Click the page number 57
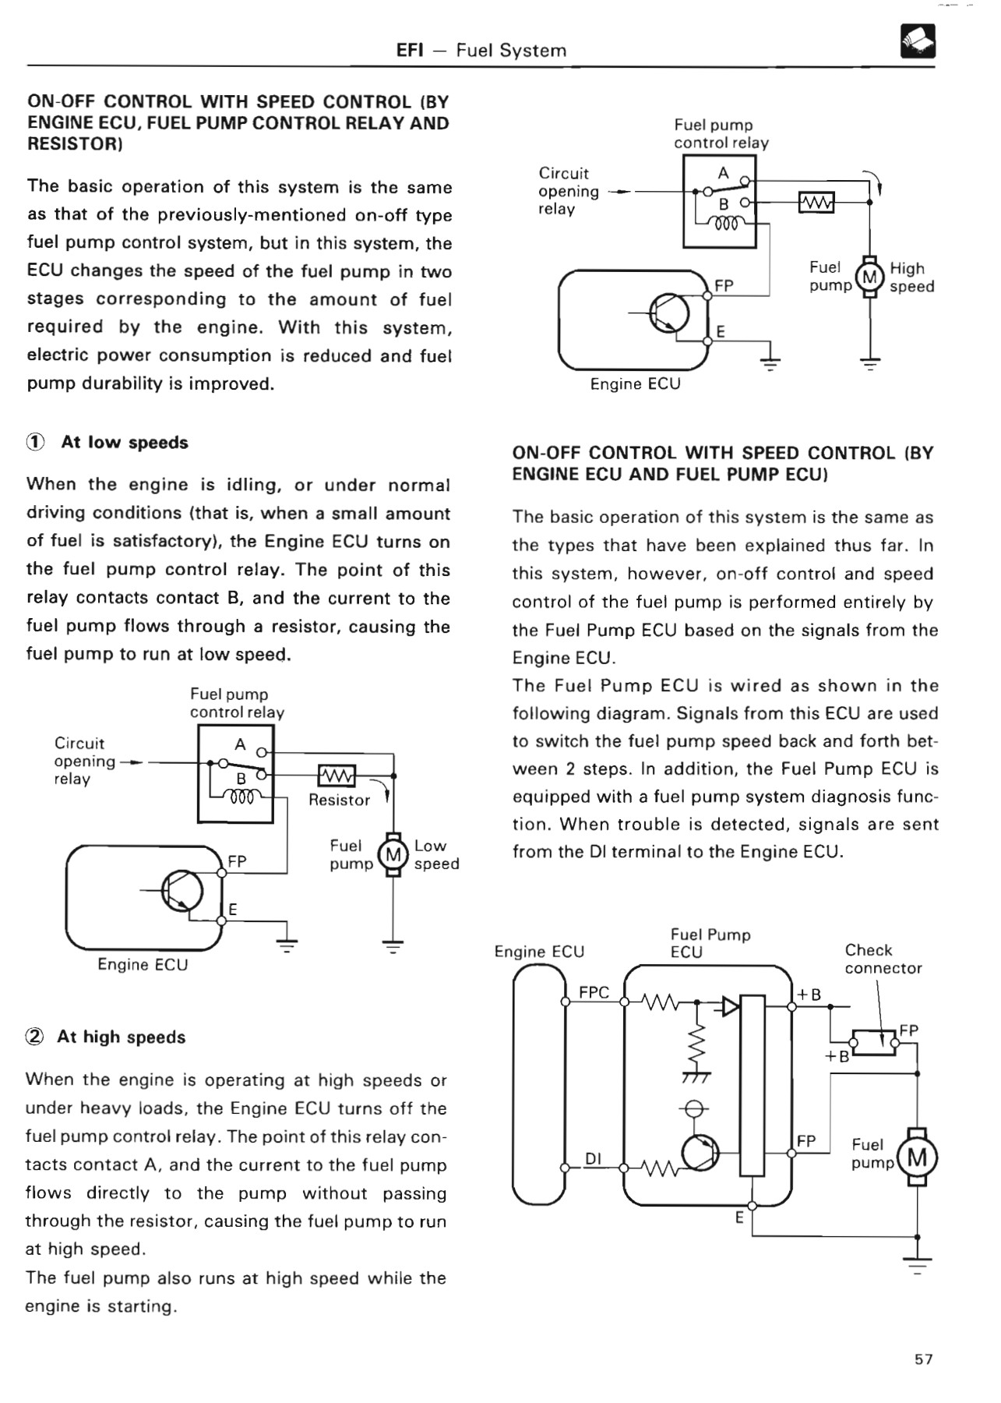click(923, 1359)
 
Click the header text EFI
click(409, 51)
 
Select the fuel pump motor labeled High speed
click(870, 277)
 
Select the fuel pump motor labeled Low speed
click(393, 855)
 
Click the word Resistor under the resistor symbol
click(339, 800)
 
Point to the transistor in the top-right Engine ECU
click(669, 313)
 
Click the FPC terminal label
click(594, 992)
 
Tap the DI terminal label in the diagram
click(593, 1158)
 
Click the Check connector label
click(883, 959)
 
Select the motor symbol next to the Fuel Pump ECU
click(918, 1157)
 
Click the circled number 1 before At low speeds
click(36, 443)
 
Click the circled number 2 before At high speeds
click(35, 1037)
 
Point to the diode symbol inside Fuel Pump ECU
click(729, 1006)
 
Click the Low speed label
click(435, 855)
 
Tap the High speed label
click(911, 277)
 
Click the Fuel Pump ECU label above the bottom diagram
click(709, 943)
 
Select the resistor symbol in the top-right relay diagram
click(816, 203)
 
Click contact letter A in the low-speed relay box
click(240, 744)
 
